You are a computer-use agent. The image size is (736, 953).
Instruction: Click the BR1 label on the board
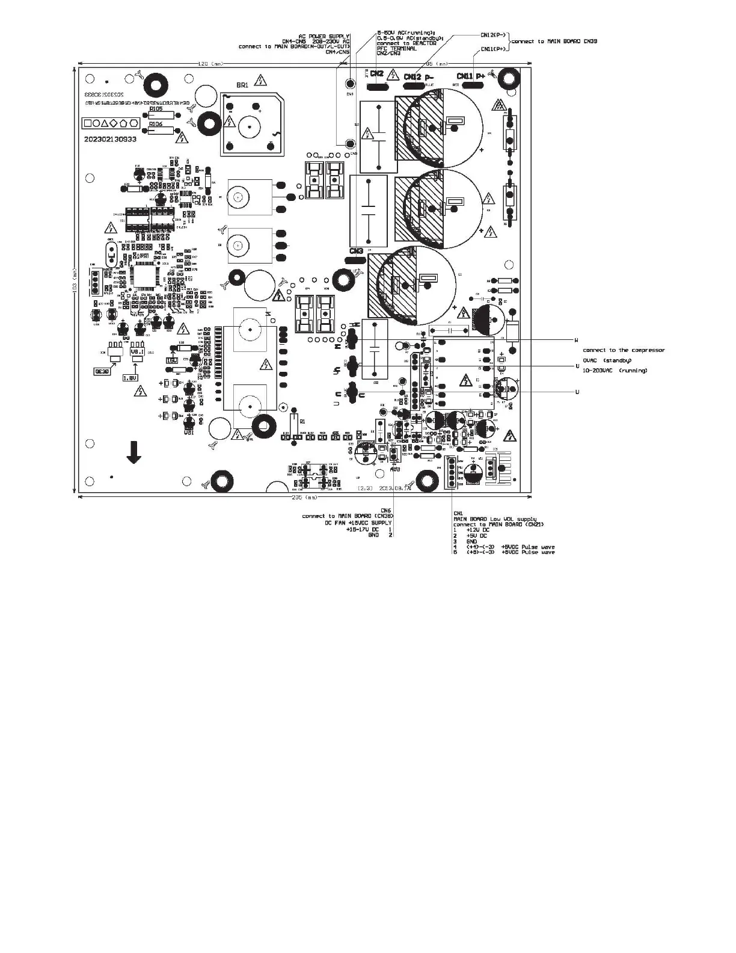(x=242, y=85)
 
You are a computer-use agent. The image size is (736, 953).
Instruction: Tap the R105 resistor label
(x=156, y=109)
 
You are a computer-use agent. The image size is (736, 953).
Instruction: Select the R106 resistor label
(x=156, y=123)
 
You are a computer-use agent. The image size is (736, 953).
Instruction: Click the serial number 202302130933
(x=110, y=139)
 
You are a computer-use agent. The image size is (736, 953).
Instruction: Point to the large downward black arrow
(x=133, y=452)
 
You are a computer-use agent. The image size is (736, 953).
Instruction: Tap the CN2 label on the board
(x=376, y=74)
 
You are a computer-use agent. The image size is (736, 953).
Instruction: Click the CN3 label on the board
(x=355, y=250)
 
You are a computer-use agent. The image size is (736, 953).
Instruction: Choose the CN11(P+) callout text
(x=493, y=49)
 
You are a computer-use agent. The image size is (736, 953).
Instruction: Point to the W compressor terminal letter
(x=577, y=340)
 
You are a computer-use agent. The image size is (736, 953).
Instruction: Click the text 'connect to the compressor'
(x=624, y=350)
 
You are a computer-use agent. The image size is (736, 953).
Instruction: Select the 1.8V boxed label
(x=130, y=378)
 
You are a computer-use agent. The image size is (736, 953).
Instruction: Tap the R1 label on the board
(x=302, y=422)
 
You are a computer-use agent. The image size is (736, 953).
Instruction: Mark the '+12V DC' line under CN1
(x=478, y=529)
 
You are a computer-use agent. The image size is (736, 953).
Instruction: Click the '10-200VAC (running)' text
(x=615, y=370)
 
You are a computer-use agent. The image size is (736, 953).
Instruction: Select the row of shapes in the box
(x=111, y=123)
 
